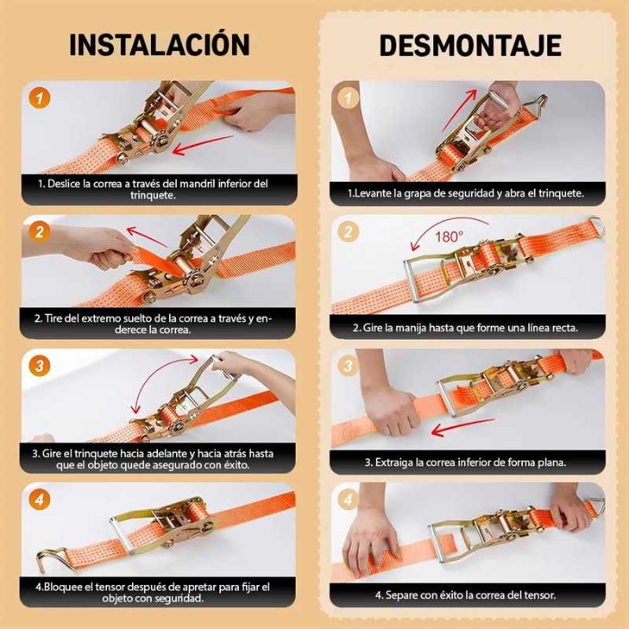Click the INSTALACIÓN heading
[x=160, y=44]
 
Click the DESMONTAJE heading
[x=470, y=46]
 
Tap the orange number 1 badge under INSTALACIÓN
[x=39, y=98]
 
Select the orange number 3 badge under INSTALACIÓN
[x=39, y=366]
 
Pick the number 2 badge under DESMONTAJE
[x=348, y=231]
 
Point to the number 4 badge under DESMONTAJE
[x=348, y=499]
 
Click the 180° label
[x=449, y=237]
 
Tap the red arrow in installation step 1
[x=202, y=145]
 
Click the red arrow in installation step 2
[x=147, y=237]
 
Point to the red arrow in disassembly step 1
[x=460, y=110]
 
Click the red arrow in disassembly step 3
[x=463, y=428]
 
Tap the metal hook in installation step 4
[x=51, y=558]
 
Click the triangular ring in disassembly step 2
[x=596, y=226]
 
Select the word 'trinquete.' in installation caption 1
[x=153, y=195]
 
